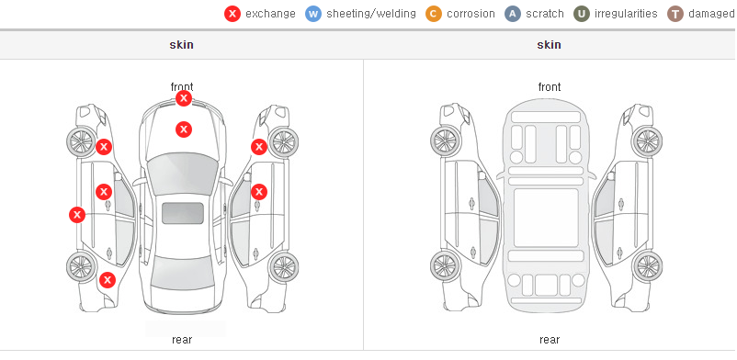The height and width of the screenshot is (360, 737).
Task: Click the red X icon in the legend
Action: coord(232,14)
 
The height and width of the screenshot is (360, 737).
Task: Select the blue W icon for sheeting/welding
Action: coord(313,14)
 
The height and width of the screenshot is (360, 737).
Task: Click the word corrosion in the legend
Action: coord(471,14)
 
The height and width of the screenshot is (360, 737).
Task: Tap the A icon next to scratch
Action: coord(513,14)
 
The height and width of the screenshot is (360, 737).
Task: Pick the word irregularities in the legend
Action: coord(626,14)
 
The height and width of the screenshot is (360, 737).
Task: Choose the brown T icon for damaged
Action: coord(675,14)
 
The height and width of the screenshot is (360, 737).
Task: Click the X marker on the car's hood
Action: coord(184,129)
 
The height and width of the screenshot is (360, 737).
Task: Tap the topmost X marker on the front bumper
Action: coord(184,98)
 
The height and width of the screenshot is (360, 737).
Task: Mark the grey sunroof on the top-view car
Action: coord(183,213)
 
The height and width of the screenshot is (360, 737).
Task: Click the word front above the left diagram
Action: coord(182,87)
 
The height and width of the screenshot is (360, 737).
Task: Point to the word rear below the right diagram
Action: coord(550,340)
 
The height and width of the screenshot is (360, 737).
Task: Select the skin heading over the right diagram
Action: coord(549,45)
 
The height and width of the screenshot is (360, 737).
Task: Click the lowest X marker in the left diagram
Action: coord(108,281)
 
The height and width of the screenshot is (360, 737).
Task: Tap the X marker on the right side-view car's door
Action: coord(259,192)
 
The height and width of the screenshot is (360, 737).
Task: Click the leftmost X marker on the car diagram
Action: coord(77,215)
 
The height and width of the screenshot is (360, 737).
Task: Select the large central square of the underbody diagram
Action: coord(546,218)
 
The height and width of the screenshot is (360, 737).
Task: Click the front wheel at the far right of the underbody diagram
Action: coord(647,141)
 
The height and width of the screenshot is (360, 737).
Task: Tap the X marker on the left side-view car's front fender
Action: coord(104,147)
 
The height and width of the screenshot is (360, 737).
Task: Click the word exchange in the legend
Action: coord(270,14)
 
